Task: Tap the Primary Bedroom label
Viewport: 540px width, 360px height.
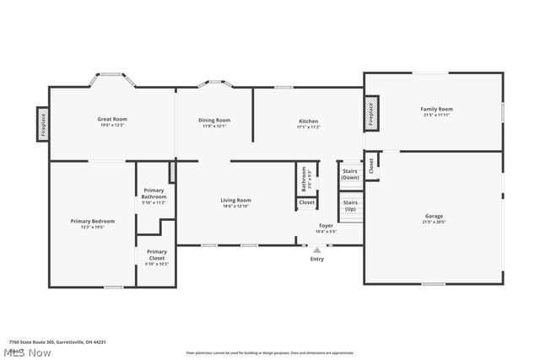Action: (x=92, y=223)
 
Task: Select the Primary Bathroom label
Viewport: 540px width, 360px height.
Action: (x=154, y=196)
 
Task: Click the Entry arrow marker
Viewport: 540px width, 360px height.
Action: (x=316, y=250)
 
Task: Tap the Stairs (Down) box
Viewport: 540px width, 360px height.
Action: (x=350, y=175)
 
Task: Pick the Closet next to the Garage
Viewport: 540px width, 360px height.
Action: (x=370, y=168)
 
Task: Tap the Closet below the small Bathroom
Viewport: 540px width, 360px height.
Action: (x=307, y=203)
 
